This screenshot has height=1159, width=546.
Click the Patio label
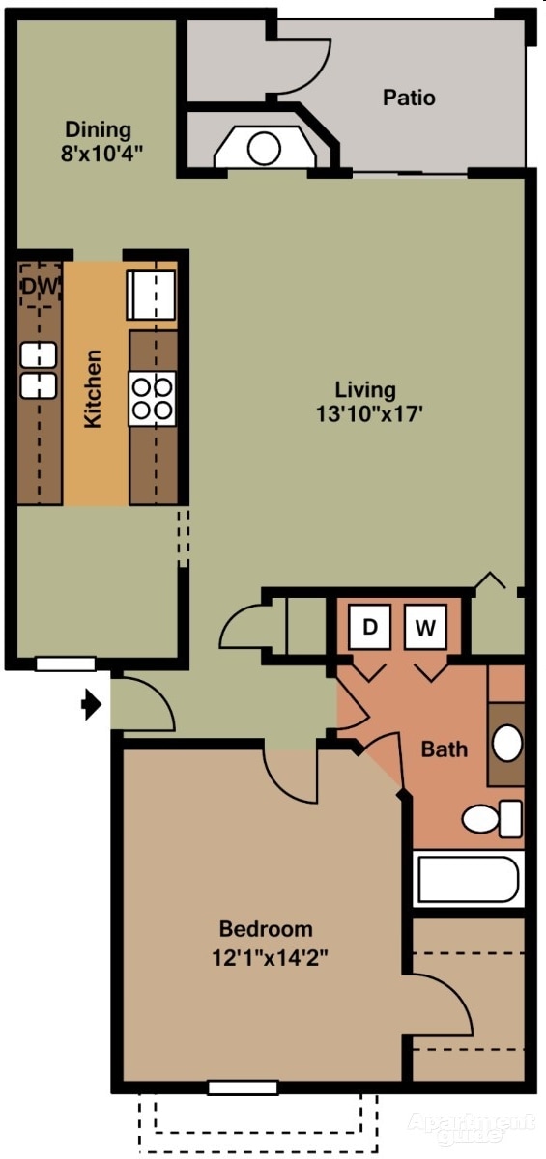pos(409,98)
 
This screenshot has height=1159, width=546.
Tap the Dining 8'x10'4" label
pos(98,140)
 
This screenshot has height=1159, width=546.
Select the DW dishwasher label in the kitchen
pos(41,286)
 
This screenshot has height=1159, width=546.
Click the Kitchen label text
pos(93,389)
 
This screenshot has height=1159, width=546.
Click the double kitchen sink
pos(39,370)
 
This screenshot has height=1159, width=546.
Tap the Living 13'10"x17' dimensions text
pos(365,402)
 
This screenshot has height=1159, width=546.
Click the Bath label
pos(445,749)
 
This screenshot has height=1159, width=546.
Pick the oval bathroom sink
pos(507,743)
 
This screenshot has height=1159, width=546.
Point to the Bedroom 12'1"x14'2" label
pos(266,944)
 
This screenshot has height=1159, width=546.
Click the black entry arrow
pos(91,705)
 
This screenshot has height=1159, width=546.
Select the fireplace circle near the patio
pos(264,148)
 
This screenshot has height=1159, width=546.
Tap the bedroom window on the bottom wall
pos(243,1088)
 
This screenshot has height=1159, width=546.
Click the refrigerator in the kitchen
pos(152,295)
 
